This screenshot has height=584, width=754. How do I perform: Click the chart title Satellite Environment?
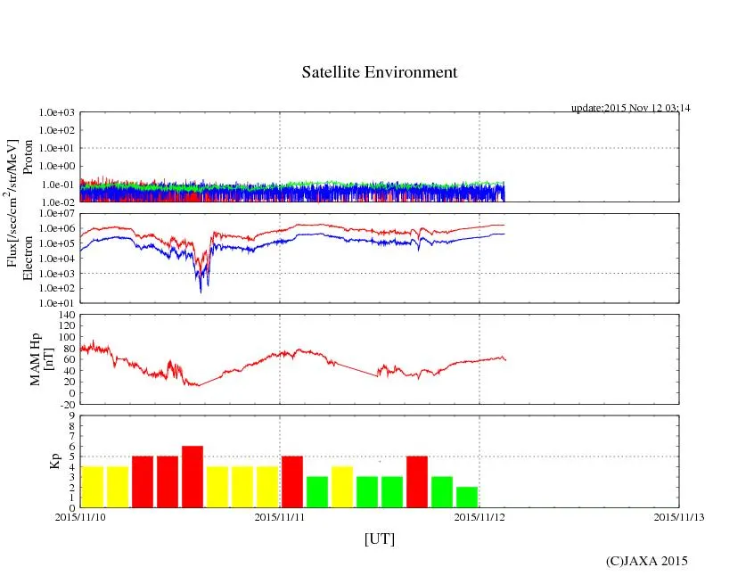pos(379,72)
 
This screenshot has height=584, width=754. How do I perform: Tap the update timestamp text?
pos(630,108)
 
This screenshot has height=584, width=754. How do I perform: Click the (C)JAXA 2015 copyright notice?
pos(646,561)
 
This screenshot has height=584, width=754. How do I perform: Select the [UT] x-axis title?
pos(379,539)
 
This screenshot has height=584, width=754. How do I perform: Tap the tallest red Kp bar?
pos(193,477)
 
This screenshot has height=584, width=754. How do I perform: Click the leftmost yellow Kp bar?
pos(93,487)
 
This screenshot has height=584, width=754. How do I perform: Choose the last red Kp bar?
pos(417,481)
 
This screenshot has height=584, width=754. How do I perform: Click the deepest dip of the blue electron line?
pos(201,291)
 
